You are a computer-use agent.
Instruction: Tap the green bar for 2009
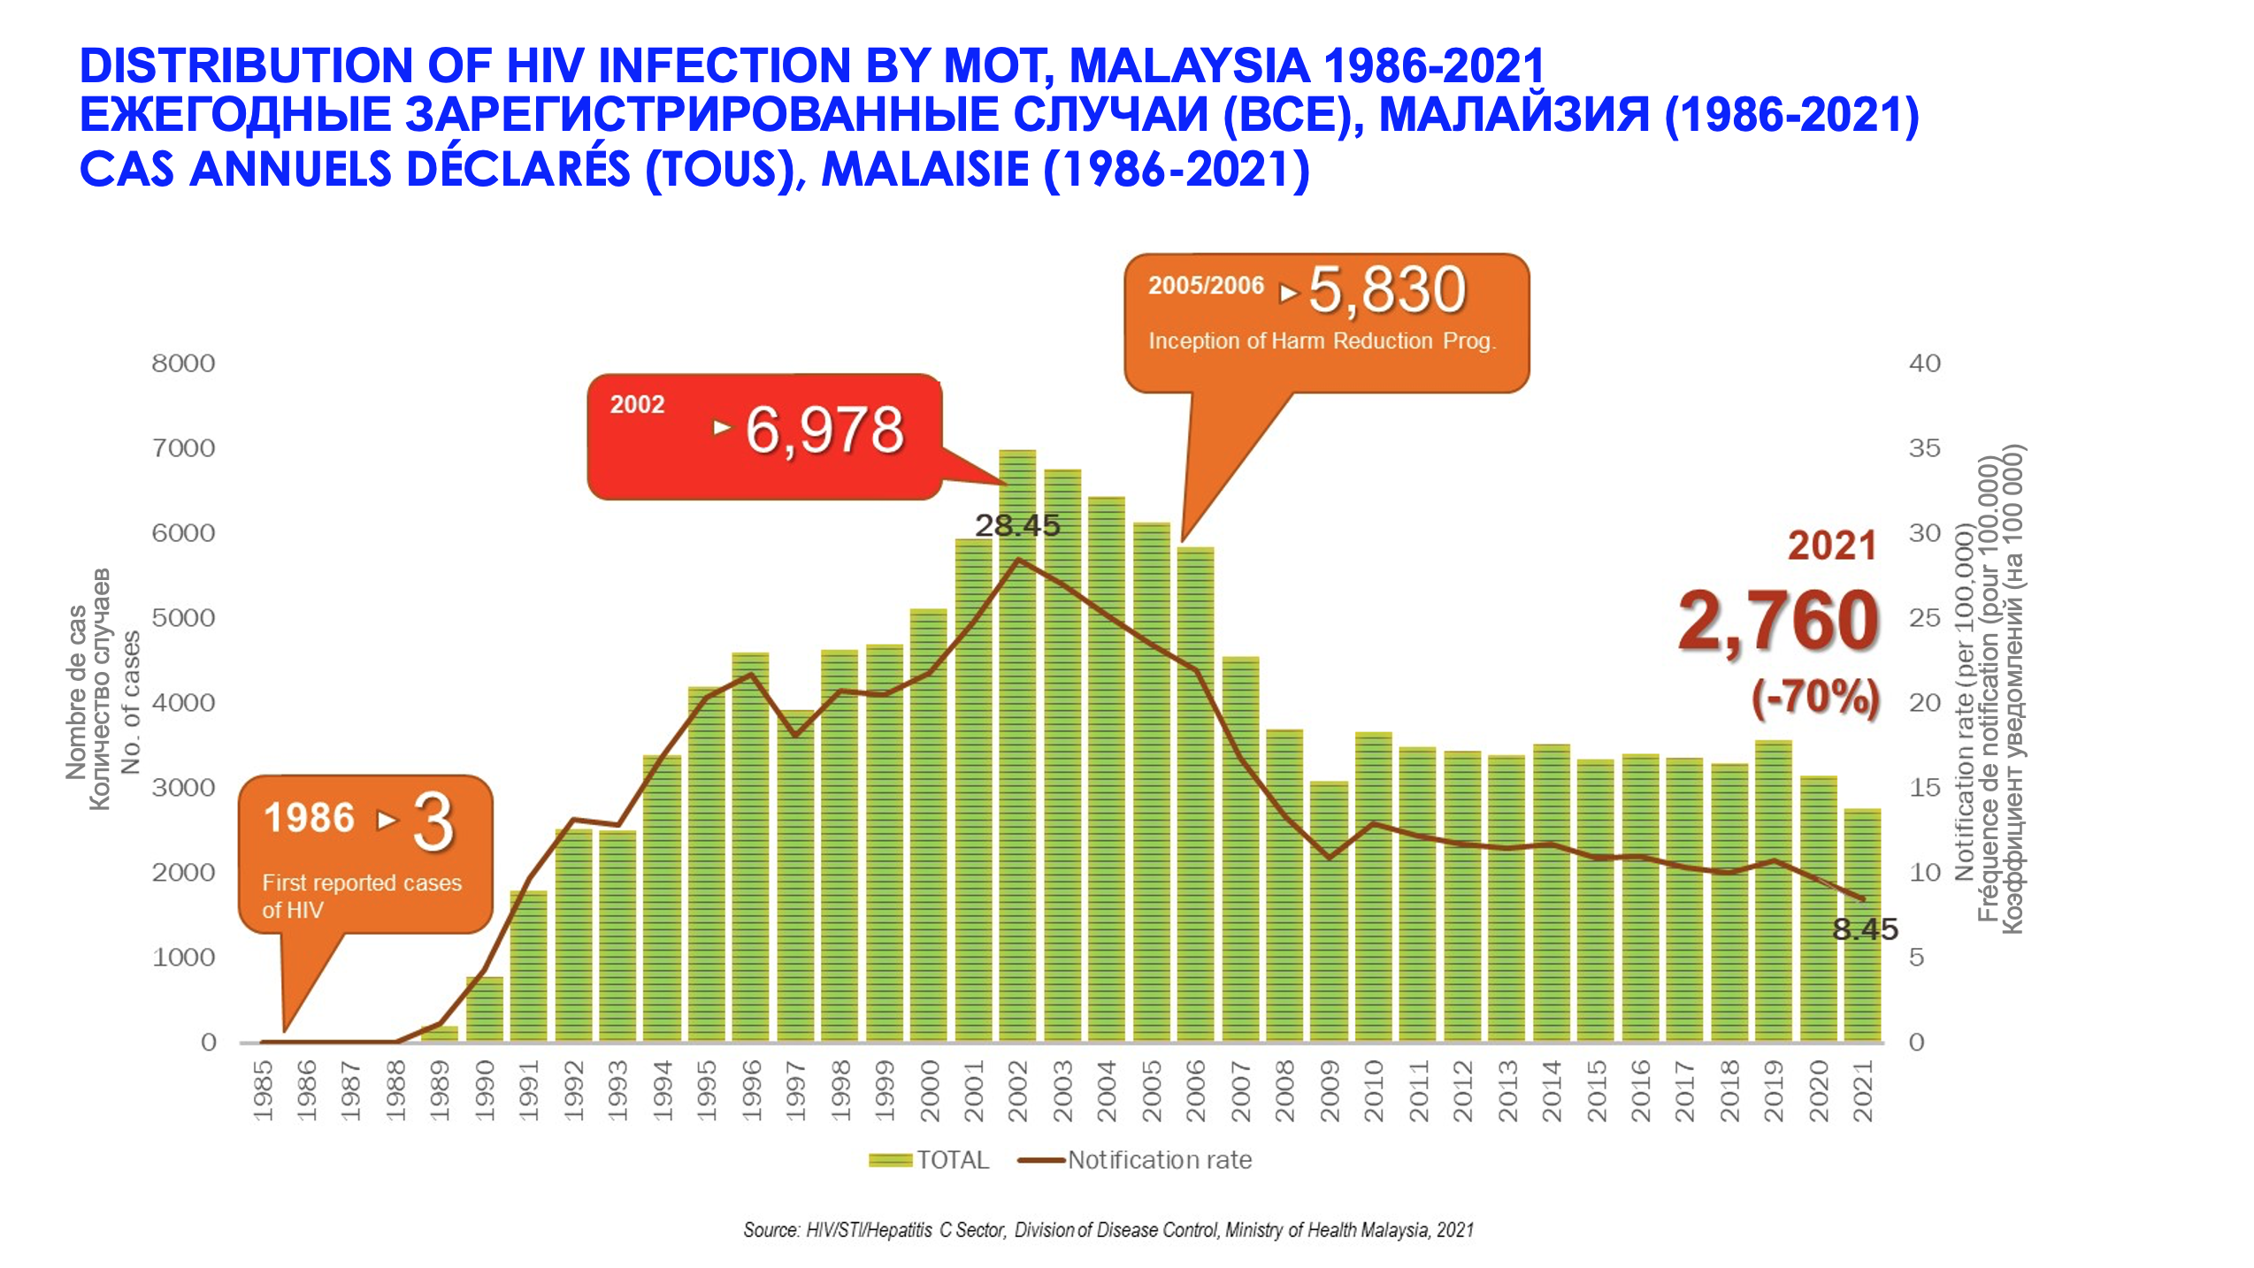coord(1329,911)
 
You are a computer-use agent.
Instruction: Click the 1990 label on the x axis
coord(485,1091)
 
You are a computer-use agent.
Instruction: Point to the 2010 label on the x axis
coord(1374,1091)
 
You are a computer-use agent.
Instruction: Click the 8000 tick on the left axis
coord(183,363)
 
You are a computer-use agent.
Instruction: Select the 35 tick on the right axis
coord(1924,448)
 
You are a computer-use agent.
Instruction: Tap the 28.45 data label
coord(1017,525)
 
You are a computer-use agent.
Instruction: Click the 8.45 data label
coord(1865,929)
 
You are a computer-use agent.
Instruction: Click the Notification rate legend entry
coord(1136,1160)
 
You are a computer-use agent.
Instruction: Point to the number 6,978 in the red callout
coord(824,431)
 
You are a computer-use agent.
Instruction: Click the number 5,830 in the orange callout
coord(1387,290)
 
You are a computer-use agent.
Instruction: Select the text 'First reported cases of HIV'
coord(361,896)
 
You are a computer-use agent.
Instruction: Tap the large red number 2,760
coord(1778,622)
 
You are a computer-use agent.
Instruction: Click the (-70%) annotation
coord(1815,697)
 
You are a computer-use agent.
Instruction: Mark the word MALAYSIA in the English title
coord(1190,65)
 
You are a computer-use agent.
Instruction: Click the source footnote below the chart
coord(1108,1230)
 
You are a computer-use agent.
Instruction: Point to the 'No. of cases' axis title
coord(131,702)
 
